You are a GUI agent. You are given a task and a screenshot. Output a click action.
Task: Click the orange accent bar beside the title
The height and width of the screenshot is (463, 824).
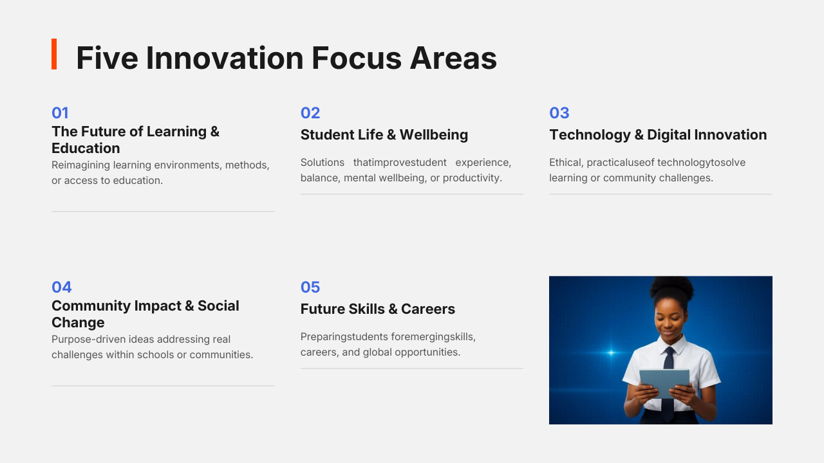pyautogui.click(x=54, y=54)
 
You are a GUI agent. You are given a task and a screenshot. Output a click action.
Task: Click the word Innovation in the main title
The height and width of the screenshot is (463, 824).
pyautogui.click(x=225, y=58)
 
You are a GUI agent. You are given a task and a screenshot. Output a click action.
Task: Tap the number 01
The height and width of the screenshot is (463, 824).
pyautogui.click(x=60, y=113)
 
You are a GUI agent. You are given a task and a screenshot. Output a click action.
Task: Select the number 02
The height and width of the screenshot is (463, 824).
pyautogui.click(x=310, y=113)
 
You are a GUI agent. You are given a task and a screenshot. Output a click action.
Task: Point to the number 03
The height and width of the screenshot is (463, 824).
pyautogui.click(x=559, y=113)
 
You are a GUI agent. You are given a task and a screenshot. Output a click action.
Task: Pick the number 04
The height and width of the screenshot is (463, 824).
pyautogui.click(x=61, y=287)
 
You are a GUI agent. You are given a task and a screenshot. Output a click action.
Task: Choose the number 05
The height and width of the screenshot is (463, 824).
pyautogui.click(x=310, y=287)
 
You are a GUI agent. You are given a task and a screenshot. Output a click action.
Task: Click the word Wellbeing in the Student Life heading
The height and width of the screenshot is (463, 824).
pyautogui.click(x=434, y=135)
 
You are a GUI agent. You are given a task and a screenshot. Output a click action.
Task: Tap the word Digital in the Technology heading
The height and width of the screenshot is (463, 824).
pyautogui.click(x=669, y=135)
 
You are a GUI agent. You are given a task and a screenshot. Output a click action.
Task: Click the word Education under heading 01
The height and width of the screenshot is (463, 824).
pyautogui.click(x=86, y=148)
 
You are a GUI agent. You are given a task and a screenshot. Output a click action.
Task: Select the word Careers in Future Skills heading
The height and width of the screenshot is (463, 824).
pyautogui.click(x=428, y=309)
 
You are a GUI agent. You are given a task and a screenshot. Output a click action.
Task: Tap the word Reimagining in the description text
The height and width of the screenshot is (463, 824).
pyautogui.click(x=80, y=165)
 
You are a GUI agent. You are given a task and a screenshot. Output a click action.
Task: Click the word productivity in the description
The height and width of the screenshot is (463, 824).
pyautogui.click(x=472, y=178)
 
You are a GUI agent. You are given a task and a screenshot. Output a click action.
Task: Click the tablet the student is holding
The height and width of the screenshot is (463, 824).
pyautogui.click(x=664, y=383)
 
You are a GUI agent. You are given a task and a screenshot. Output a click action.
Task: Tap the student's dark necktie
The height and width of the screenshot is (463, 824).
pyautogui.click(x=668, y=382)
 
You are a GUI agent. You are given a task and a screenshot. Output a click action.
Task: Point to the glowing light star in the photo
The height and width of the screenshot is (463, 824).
pyautogui.click(x=612, y=353)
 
